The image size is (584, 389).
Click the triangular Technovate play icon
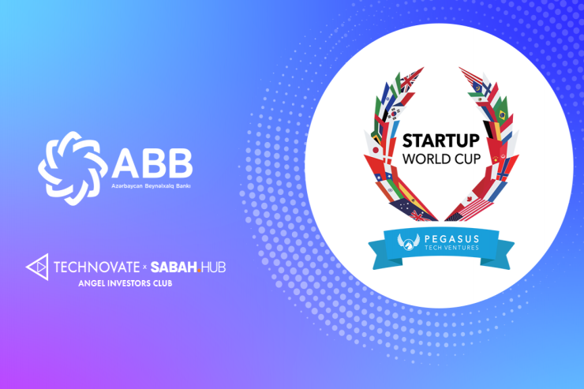click(x=39, y=267)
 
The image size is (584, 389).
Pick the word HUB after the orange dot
click(x=212, y=268)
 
